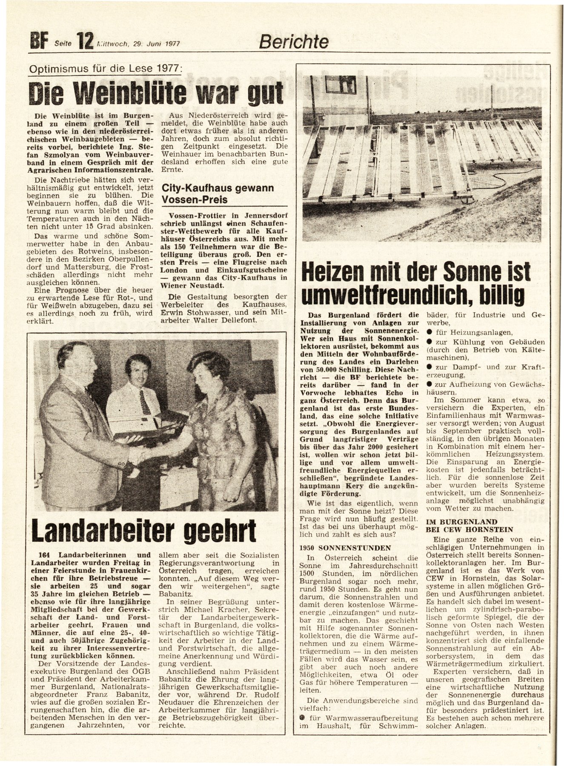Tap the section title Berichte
pos(294,42)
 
